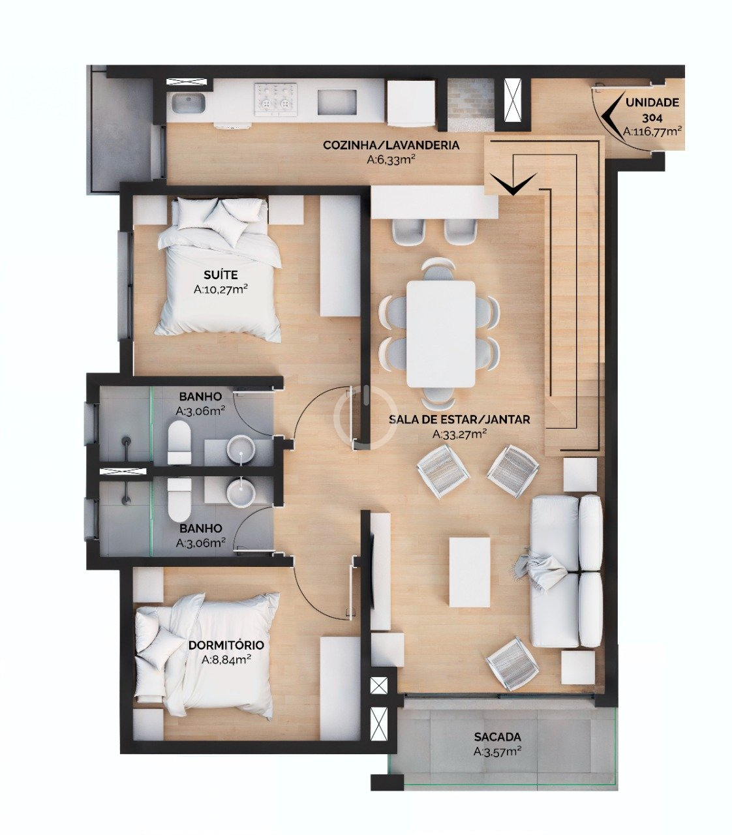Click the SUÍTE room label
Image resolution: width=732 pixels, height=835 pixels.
(x=221, y=275)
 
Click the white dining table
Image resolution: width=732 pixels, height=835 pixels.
(x=440, y=334)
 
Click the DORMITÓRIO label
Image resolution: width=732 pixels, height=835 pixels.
(x=226, y=645)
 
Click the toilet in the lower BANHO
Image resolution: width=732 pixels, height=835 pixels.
(x=179, y=500)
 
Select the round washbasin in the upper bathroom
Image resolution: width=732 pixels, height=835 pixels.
(x=241, y=449)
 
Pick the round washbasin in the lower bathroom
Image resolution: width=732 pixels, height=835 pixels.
(x=240, y=493)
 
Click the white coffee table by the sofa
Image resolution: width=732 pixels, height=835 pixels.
(x=470, y=573)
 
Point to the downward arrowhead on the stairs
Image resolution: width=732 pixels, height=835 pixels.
(x=513, y=183)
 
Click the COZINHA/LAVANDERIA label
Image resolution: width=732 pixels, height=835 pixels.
(x=391, y=145)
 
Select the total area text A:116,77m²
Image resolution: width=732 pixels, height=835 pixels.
(x=652, y=131)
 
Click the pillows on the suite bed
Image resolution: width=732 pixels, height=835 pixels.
(x=222, y=217)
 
